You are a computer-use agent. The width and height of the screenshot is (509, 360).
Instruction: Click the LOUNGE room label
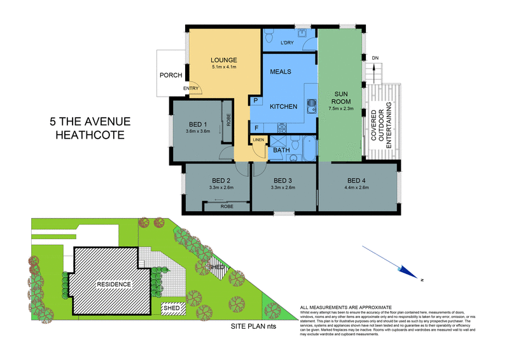click(223, 60)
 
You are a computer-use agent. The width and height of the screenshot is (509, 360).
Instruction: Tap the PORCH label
click(171, 75)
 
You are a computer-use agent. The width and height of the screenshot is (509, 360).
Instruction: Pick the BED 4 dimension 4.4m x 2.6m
click(356, 187)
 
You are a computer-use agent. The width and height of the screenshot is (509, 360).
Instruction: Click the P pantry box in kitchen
click(256, 100)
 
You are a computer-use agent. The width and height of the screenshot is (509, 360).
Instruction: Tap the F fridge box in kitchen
click(256, 127)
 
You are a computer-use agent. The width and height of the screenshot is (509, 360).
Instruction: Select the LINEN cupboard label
click(258, 139)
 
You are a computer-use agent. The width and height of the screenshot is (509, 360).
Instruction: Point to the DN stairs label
click(375, 59)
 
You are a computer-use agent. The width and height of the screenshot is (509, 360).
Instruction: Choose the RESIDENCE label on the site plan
click(113, 284)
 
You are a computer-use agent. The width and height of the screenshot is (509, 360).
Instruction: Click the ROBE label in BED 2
click(226, 207)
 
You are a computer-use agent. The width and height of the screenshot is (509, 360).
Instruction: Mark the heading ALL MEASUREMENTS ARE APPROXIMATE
click(346, 307)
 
